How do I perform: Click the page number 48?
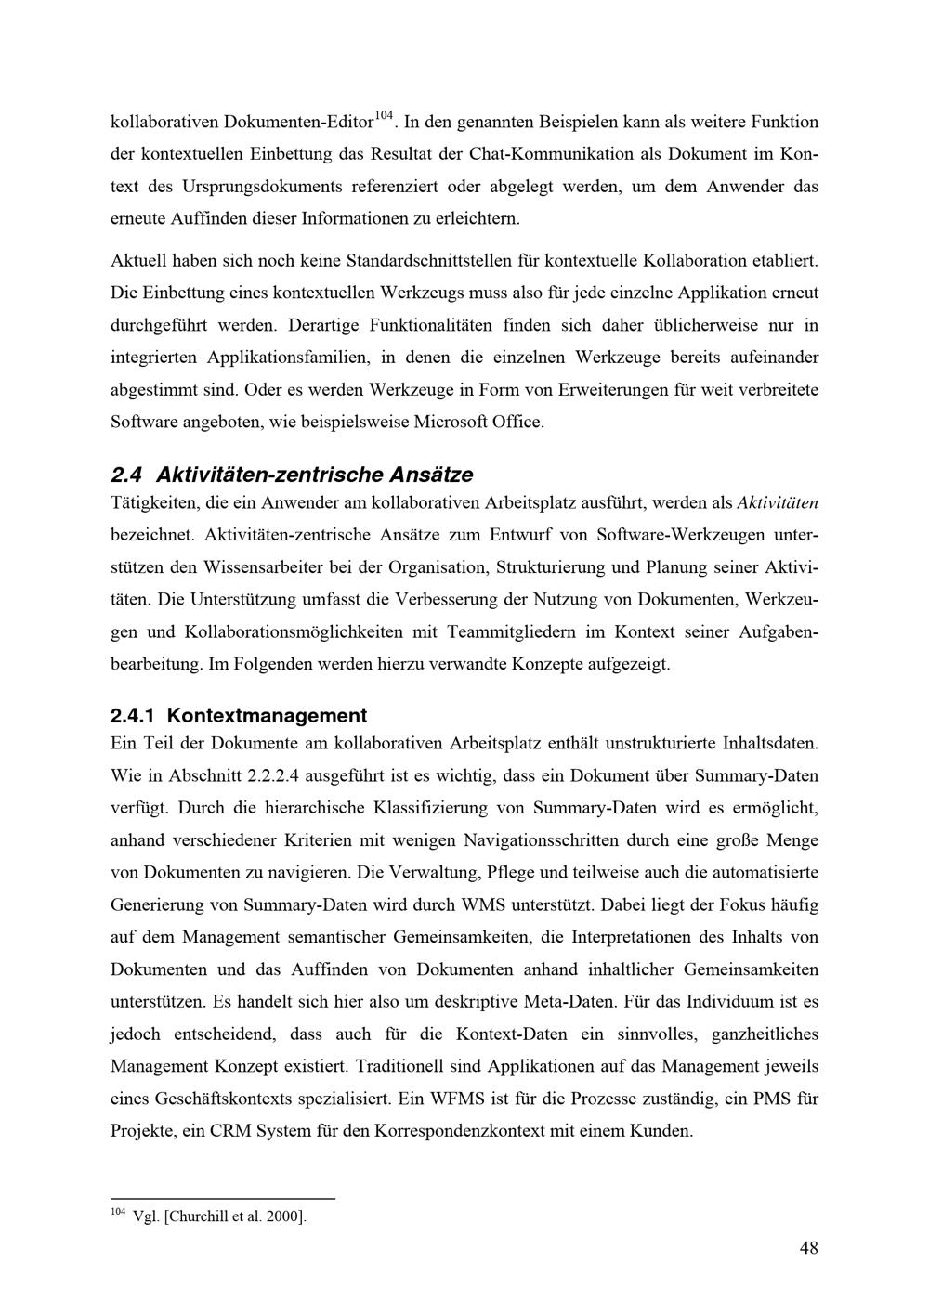point(808,1248)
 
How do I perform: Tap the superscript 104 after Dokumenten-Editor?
point(385,116)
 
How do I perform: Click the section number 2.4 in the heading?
point(125,475)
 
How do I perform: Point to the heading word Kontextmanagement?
point(268,716)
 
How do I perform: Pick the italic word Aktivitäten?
point(777,503)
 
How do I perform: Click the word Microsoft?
point(450,423)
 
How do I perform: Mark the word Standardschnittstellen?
point(426,261)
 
